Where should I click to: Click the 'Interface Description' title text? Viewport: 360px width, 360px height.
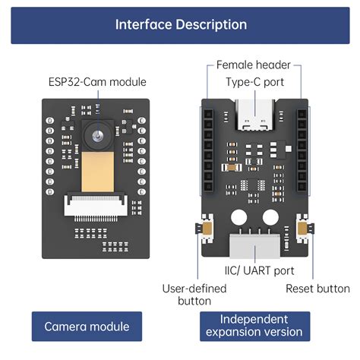(x=180, y=24)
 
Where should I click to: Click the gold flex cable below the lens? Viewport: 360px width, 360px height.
(x=97, y=172)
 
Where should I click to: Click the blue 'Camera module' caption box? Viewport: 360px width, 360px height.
(x=86, y=327)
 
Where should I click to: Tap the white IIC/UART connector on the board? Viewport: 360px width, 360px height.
(x=255, y=245)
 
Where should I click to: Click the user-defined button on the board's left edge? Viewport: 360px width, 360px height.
(x=204, y=229)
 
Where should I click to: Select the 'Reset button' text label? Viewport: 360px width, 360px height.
(x=317, y=289)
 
